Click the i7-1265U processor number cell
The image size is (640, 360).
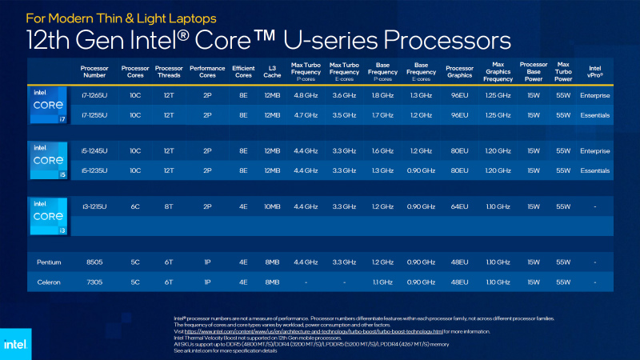pos(94,96)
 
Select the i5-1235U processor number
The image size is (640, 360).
pos(94,170)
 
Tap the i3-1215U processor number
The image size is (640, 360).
pos(94,206)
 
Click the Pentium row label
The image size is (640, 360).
pos(48,262)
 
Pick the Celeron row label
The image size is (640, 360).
pos(48,282)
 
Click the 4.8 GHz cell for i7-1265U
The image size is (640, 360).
pos(306,96)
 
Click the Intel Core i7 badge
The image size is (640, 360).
pos(48,106)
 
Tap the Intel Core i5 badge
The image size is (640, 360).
pos(48,160)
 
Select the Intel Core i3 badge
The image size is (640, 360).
pos(48,215)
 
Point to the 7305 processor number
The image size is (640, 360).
pos(94,282)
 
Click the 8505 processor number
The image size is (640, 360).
pos(94,262)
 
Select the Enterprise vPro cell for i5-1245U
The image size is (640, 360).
pos(595,150)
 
